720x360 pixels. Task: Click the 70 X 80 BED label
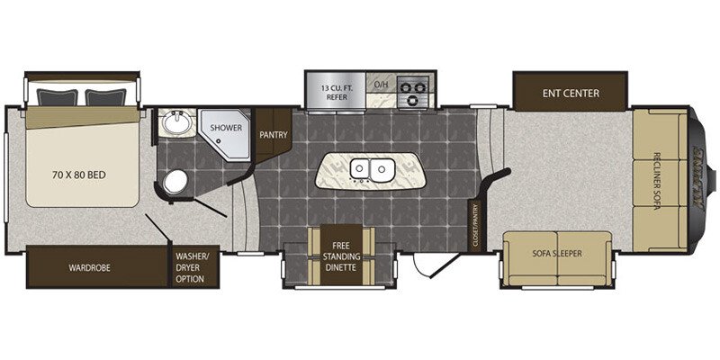(x=81, y=174)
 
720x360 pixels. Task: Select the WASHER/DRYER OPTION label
(x=191, y=267)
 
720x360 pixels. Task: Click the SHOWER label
(x=227, y=128)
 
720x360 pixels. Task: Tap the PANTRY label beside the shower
(x=273, y=135)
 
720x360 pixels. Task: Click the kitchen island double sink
(x=372, y=168)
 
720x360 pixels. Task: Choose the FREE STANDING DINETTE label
(x=340, y=256)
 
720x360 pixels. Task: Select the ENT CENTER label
(x=571, y=93)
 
